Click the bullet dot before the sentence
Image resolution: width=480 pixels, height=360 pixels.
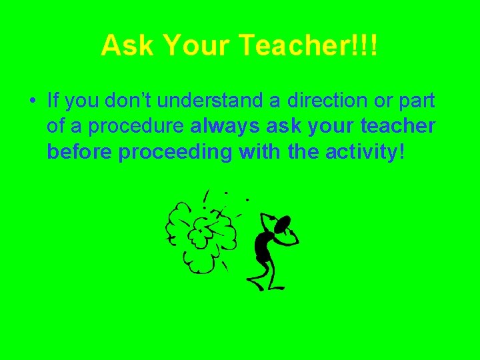31,102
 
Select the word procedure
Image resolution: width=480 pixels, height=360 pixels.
150,127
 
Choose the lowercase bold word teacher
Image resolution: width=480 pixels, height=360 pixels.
398,127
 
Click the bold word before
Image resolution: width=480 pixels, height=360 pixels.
80,152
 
